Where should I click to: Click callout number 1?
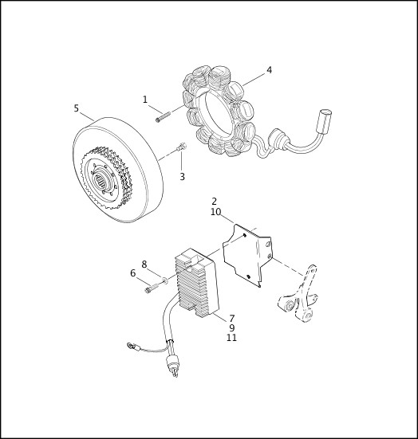[145, 100]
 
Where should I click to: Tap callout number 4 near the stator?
[269, 70]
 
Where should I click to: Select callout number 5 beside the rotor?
[77, 108]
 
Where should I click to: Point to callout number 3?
[182, 177]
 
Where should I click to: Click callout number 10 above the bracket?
[216, 212]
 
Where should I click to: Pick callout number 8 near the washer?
[144, 265]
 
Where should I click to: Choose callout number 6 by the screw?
[133, 273]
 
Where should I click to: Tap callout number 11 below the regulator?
[231, 338]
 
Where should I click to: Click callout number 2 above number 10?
[215, 202]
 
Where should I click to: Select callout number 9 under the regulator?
[232, 327]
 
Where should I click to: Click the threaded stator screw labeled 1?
[163, 117]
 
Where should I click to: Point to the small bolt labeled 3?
[182, 147]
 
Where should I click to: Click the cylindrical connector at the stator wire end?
[324, 122]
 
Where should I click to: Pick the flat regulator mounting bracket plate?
[246, 255]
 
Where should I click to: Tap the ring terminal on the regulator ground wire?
[130, 346]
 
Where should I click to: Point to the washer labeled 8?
[165, 279]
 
